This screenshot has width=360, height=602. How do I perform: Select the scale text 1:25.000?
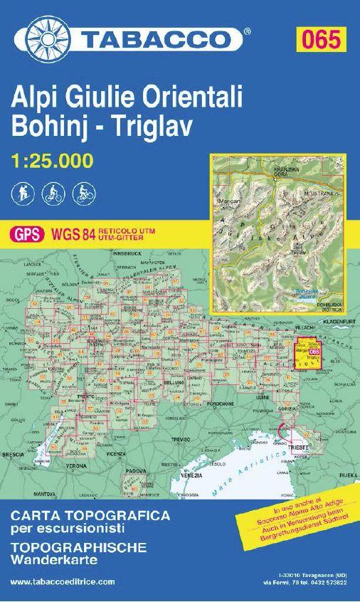[x=53, y=161]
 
